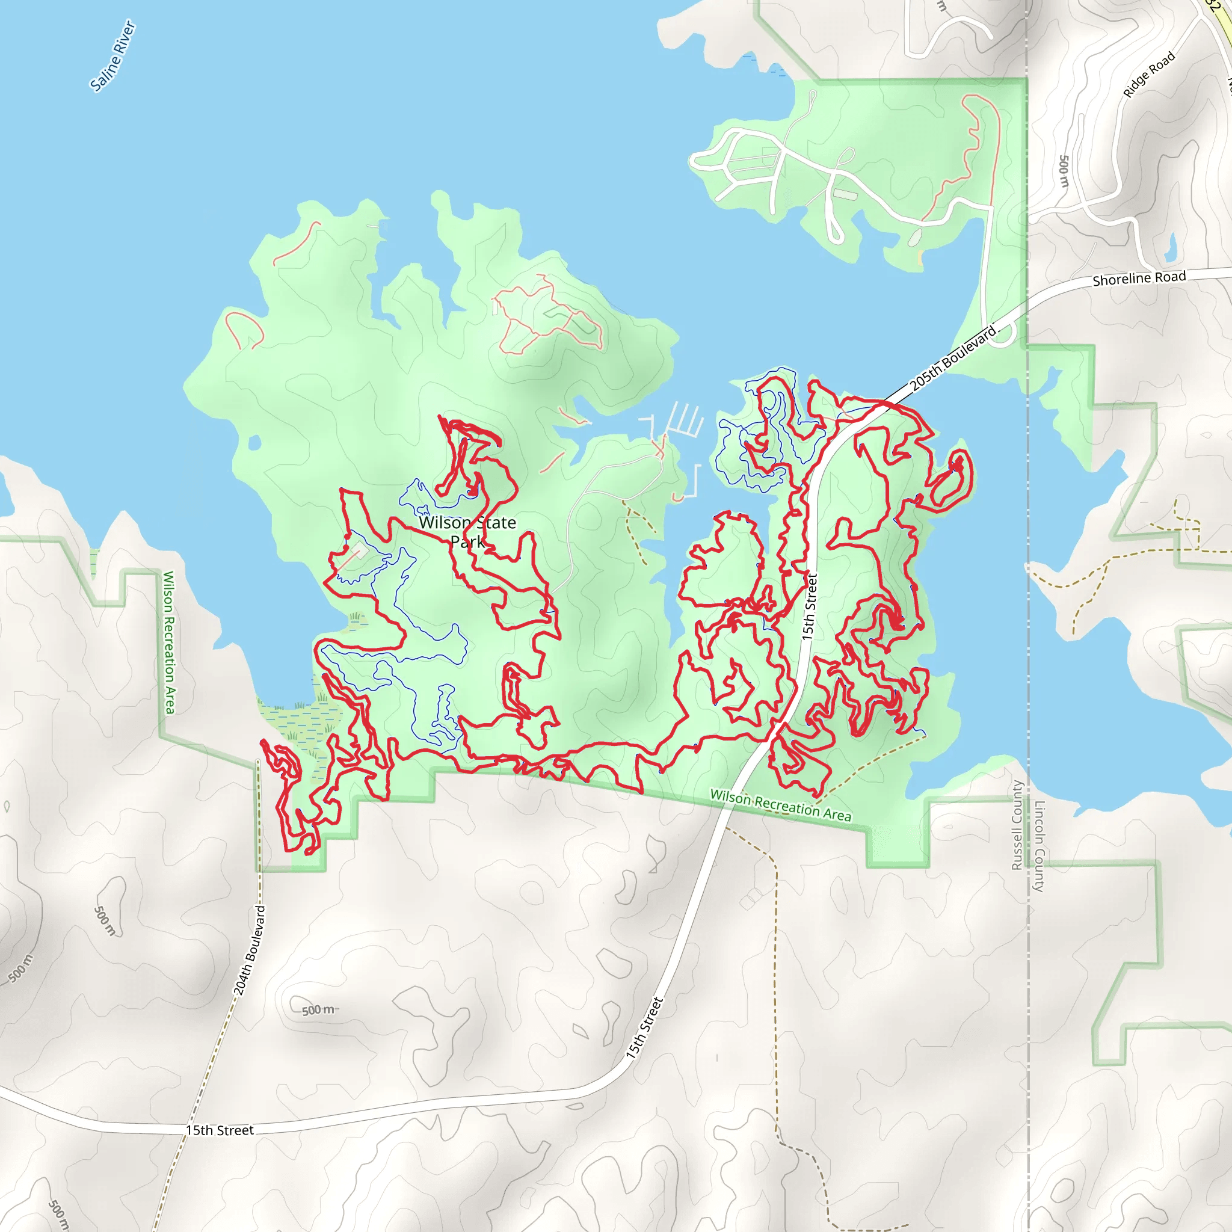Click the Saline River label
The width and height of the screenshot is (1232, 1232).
click(x=113, y=56)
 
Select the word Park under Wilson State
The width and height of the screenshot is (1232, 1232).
click(x=467, y=542)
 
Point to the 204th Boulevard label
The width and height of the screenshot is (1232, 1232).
click(x=249, y=949)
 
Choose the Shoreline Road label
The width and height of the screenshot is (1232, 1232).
click(x=1139, y=279)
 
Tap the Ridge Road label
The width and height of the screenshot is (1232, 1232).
click(x=1148, y=75)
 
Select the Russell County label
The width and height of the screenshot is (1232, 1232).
click(x=1017, y=825)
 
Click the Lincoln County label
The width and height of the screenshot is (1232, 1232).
click(x=1039, y=846)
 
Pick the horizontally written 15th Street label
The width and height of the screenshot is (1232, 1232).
click(x=220, y=1130)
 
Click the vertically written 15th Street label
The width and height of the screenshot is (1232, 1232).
click(x=809, y=606)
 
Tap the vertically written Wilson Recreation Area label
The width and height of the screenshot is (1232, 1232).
click(x=169, y=642)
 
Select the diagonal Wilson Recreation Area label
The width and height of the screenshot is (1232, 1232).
click(x=780, y=805)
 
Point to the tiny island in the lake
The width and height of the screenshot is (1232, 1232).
click(x=254, y=442)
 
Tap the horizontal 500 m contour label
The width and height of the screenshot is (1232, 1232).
click(x=319, y=1010)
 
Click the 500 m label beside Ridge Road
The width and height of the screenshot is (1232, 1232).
click(x=1064, y=170)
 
